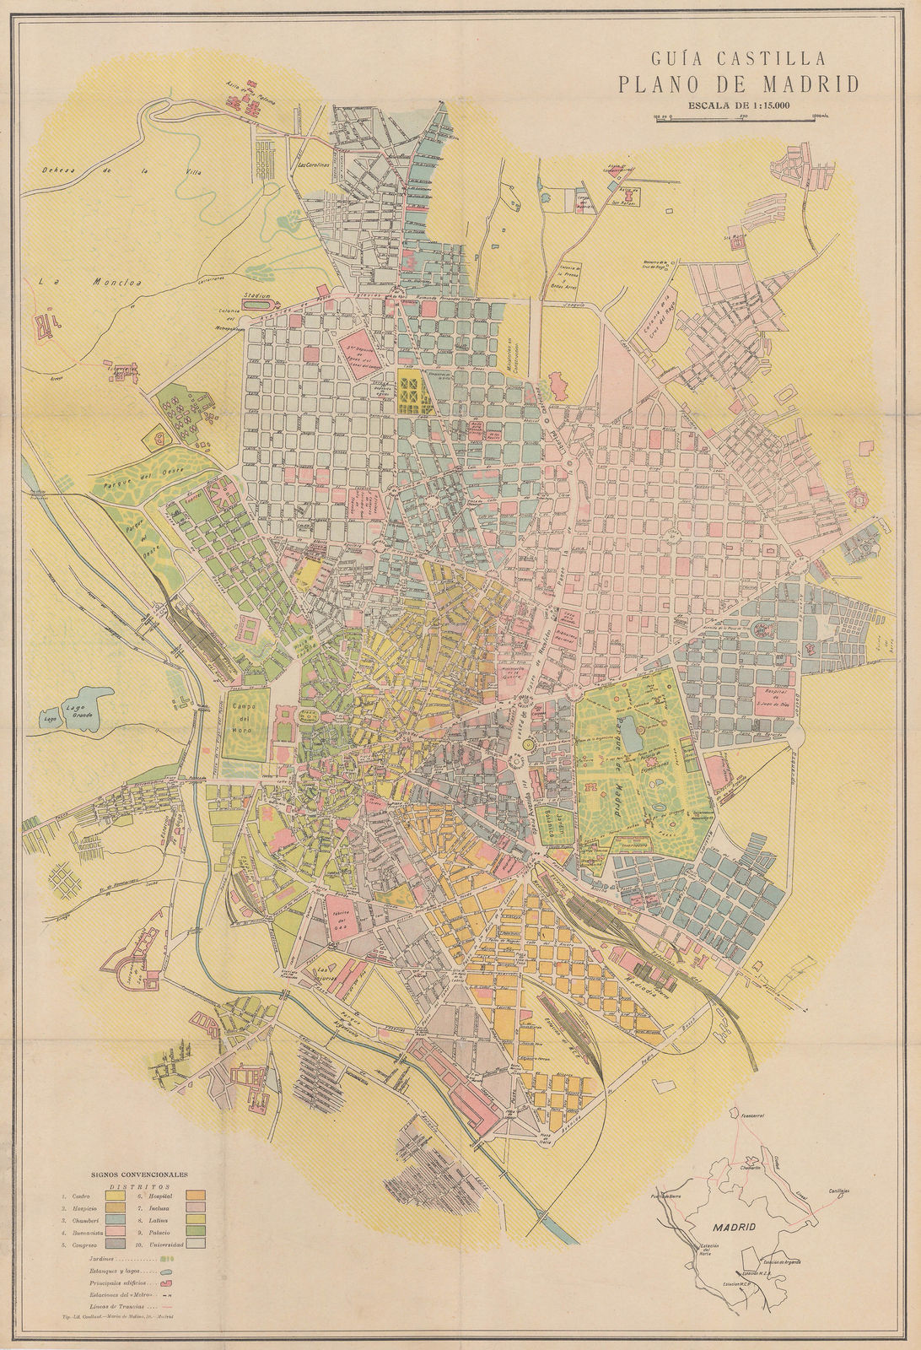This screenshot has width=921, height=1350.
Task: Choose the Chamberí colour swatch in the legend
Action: point(116,1220)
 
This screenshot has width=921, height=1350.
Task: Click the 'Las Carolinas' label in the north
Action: point(313,165)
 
